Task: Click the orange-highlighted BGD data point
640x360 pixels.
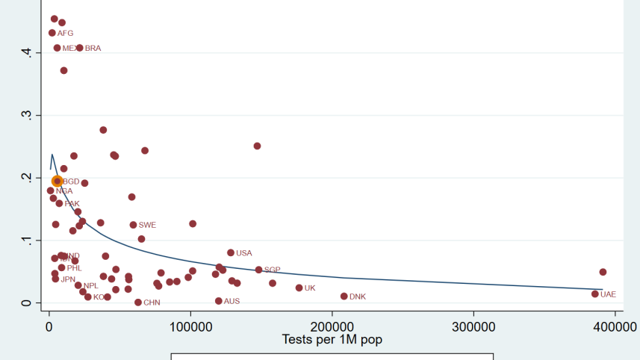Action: [57, 181]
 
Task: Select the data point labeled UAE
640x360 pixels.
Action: [595, 294]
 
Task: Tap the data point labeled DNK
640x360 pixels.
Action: [344, 296]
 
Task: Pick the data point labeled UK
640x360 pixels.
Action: [299, 288]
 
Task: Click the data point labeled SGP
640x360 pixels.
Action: [259, 270]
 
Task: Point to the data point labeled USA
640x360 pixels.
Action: [231, 252]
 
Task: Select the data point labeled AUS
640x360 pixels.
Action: [219, 301]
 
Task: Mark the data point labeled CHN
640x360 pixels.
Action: [138, 302]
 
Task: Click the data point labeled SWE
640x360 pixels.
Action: [134, 224]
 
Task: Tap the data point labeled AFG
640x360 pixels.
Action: [52, 33]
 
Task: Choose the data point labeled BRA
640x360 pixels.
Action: [80, 48]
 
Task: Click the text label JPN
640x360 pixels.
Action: [68, 279]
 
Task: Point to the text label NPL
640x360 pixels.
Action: [91, 285]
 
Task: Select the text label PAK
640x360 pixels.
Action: [72, 203]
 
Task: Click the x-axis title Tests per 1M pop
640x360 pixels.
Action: [332, 340]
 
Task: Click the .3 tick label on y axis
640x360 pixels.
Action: [28, 115]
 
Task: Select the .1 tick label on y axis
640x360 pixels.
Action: [28, 240]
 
